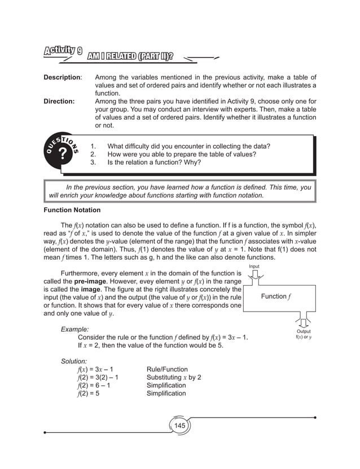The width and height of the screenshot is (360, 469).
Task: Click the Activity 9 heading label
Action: pos(64,51)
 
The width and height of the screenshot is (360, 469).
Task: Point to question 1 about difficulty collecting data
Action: pos(188,146)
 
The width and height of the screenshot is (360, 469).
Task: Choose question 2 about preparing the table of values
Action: pos(181,154)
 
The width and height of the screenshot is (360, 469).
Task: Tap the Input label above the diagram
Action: pos(254,266)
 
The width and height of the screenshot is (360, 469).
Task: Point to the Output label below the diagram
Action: pos(304,332)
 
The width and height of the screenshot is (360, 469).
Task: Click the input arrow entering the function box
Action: pos(254,275)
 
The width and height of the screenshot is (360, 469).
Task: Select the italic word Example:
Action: pos(74,329)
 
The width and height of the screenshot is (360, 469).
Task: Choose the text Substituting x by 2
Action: pos(174,378)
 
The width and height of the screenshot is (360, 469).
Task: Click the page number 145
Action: pos(179,425)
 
